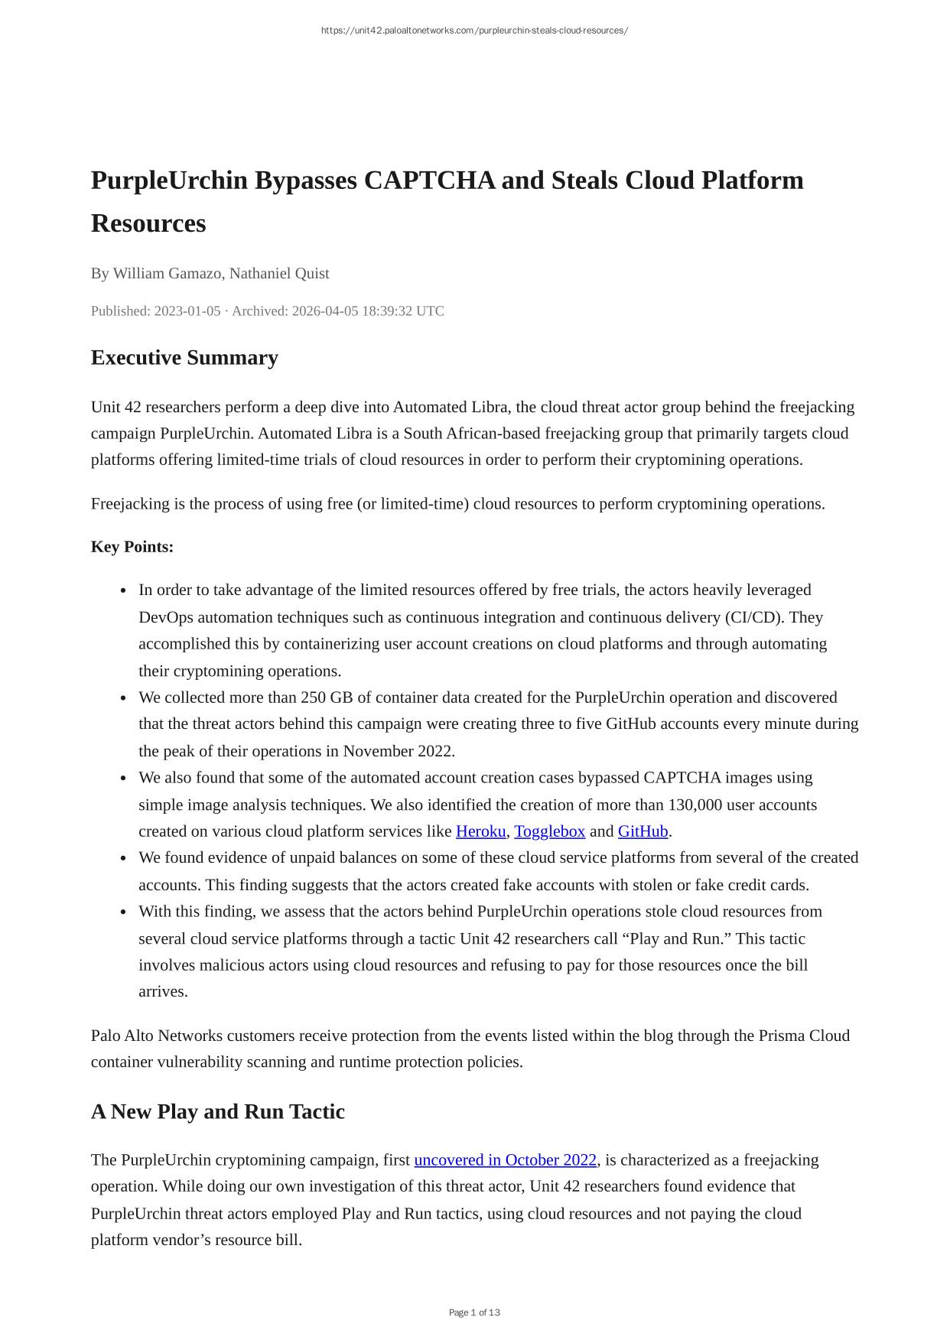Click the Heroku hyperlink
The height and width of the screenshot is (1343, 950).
(480, 831)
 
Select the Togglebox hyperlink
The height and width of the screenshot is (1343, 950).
(549, 831)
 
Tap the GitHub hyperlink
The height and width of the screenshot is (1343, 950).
(643, 831)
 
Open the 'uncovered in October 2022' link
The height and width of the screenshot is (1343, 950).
(505, 1159)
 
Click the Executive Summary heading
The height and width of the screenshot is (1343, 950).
(184, 358)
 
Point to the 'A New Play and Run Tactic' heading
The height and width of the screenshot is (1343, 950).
(217, 1111)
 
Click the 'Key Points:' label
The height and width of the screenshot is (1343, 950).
(132, 547)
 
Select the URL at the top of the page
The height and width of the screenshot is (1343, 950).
(474, 31)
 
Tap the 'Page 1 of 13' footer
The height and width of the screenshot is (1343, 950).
(474, 1312)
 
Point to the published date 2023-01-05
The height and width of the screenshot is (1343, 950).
(187, 311)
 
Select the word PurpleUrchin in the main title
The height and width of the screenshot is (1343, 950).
(169, 180)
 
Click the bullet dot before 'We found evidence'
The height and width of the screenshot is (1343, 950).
(124, 858)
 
